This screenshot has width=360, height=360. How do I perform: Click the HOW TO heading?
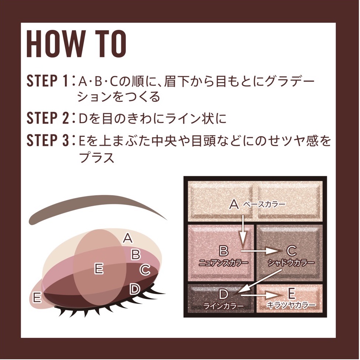coord(76,45)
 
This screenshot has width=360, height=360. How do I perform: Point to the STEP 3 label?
coord(48,141)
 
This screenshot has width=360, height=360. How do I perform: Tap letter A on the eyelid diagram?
coord(128,238)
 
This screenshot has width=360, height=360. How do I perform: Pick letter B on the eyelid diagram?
coord(136,254)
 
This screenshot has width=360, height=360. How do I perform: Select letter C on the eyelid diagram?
coord(145,270)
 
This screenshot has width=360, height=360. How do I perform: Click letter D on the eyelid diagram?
coord(135,289)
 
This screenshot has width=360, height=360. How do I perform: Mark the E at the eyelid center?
coord(98,268)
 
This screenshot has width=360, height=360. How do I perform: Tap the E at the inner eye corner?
coord(37,297)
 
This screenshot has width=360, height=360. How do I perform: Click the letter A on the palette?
coord(234,204)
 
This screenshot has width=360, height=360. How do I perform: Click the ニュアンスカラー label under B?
coord(223,263)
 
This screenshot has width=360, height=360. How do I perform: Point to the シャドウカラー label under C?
coord(291,263)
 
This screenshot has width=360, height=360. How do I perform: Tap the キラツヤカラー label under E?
coord(291,306)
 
